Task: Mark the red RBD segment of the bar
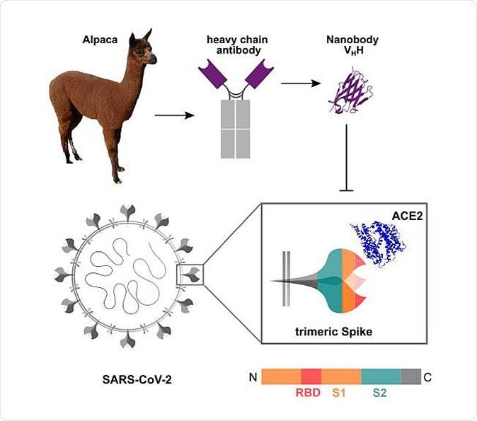[311, 376]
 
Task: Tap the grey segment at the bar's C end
[410, 376]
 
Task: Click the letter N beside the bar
[252, 376]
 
